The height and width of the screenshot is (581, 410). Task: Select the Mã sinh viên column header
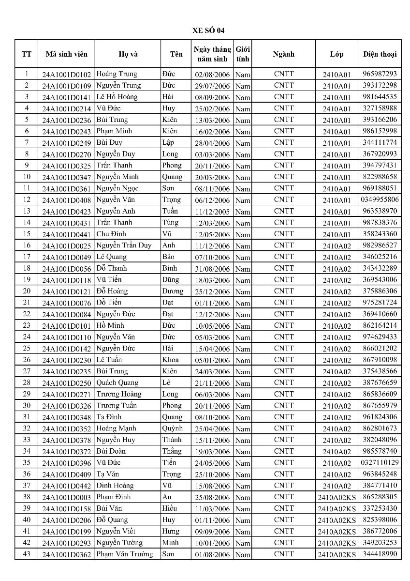click(x=66, y=54)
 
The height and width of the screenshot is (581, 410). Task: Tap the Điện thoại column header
click(x=380, y=54)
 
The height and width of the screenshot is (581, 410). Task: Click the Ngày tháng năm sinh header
click(x=212, y=54)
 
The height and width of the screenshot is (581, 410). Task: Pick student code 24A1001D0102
click(x=66, y=75)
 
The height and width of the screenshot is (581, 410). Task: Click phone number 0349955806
click(x=380, y=199)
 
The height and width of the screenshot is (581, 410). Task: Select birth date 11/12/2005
click(x=212, y=212)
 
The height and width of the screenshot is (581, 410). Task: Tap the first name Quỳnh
click(x=172, y=428)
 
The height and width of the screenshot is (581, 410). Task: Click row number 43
click(x=27, y=554)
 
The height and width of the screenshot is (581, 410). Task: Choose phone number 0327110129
click(x=380, y=462)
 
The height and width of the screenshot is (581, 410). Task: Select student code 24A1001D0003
click(x=66, y=497)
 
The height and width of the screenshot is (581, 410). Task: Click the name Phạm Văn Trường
click(x=124, y=554)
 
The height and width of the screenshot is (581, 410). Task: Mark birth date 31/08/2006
click(x=212, y=269)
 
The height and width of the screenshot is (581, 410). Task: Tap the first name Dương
click(x=173, y=291)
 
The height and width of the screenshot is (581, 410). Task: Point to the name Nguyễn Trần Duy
click(x=123, y=245)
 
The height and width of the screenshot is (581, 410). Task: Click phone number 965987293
click(x=380, y=74)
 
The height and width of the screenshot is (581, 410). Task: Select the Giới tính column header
click(x=242, y=54)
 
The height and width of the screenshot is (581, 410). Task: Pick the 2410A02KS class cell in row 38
click(x=337, y=497)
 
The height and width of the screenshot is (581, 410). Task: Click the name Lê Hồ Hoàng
click(x=117, y=96)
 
